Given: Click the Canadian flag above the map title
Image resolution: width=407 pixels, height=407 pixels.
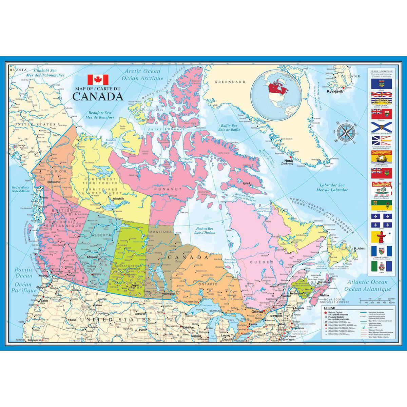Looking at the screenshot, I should point(98,79).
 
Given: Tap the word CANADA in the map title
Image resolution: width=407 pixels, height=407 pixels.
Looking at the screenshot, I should point(93,96).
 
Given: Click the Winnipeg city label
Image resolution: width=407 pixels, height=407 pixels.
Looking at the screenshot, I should point(170,294).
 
